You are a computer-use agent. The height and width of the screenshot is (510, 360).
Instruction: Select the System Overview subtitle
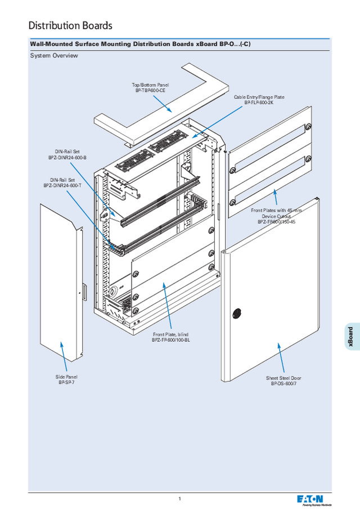click(x=53, y=56)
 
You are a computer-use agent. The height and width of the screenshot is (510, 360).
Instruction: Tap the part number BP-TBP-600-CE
click(x=150, y=91)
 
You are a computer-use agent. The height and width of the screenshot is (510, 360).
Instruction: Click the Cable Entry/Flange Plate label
click(x=259, y=97)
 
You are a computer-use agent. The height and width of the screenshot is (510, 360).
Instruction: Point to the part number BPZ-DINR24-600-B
click(x=67, y=158)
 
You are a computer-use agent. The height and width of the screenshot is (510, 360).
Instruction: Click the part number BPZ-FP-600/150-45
click(x=276, y=222)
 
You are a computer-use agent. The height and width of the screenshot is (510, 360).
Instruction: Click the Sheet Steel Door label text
click(x=283, y=378)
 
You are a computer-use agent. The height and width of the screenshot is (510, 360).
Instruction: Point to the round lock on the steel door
click(x=236, y=312)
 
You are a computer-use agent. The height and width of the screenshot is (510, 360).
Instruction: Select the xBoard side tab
click(x=350, y=337)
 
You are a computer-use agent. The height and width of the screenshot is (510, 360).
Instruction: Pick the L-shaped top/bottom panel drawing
click(x=163, y=107)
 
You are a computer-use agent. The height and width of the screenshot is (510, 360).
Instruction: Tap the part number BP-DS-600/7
click(x=283, y=384)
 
